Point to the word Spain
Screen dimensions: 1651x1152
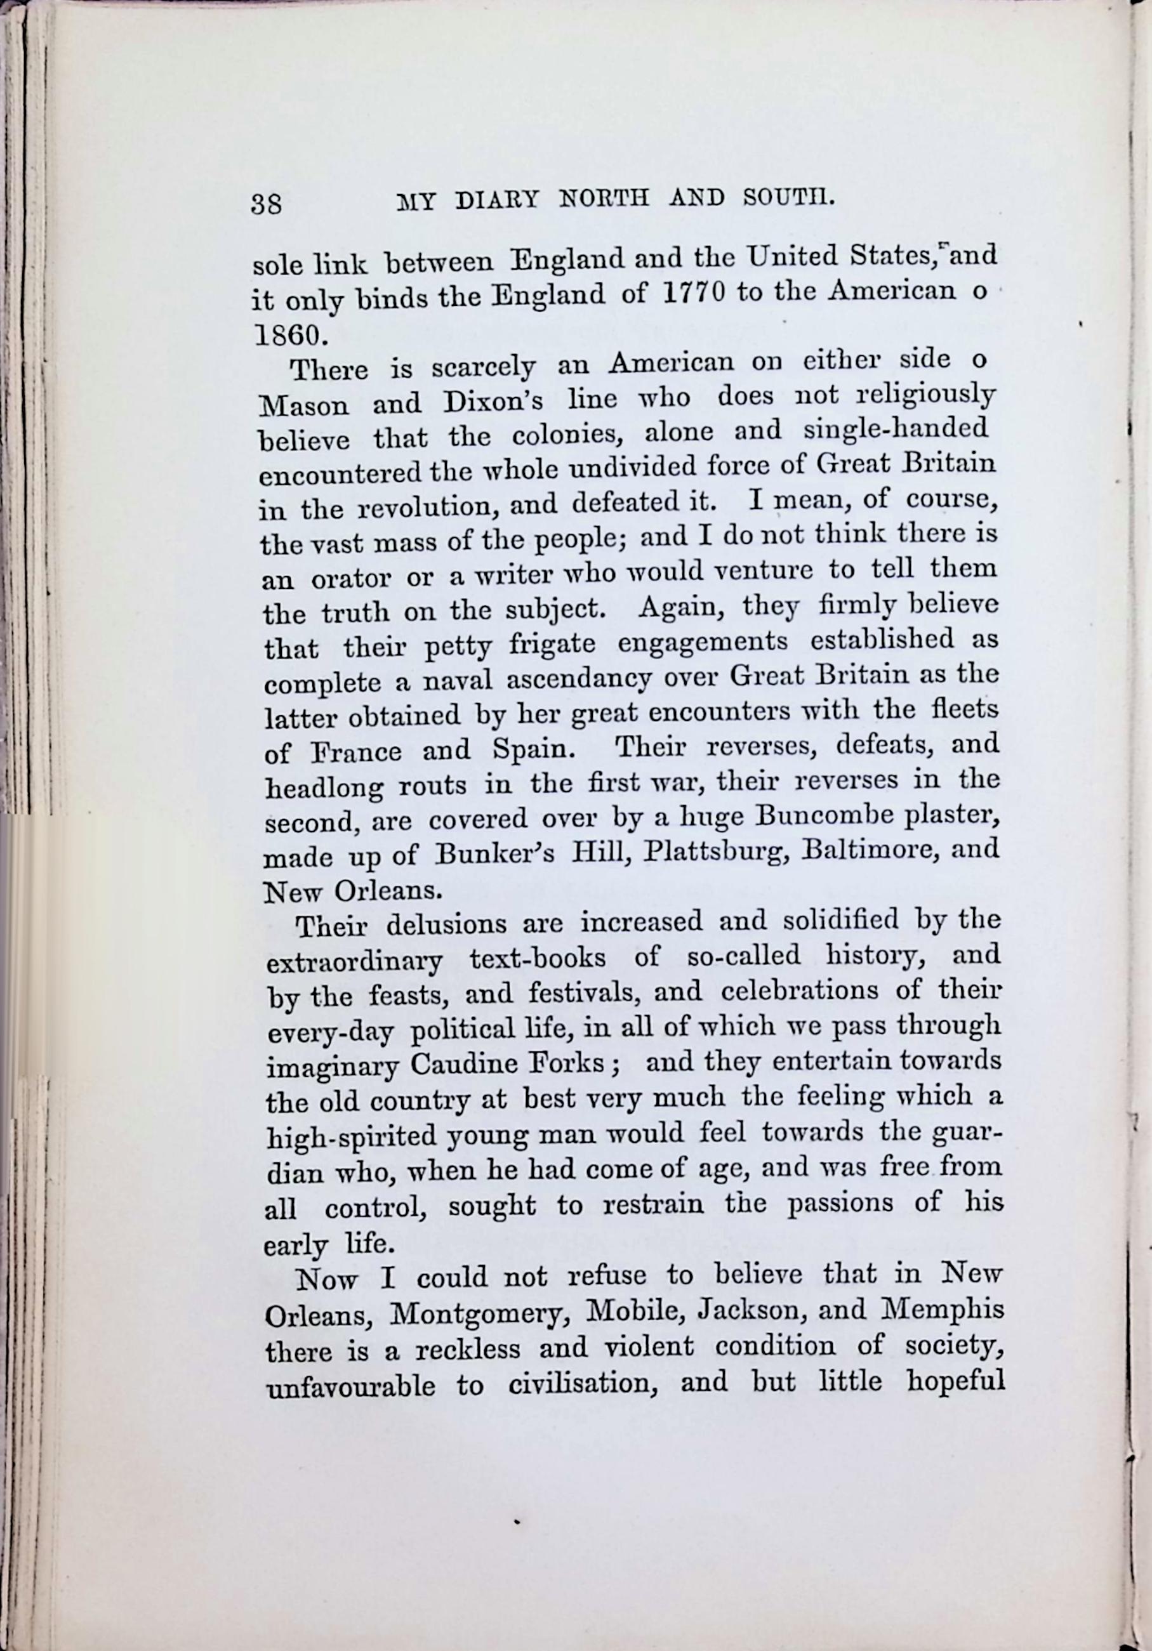(533, 750)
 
